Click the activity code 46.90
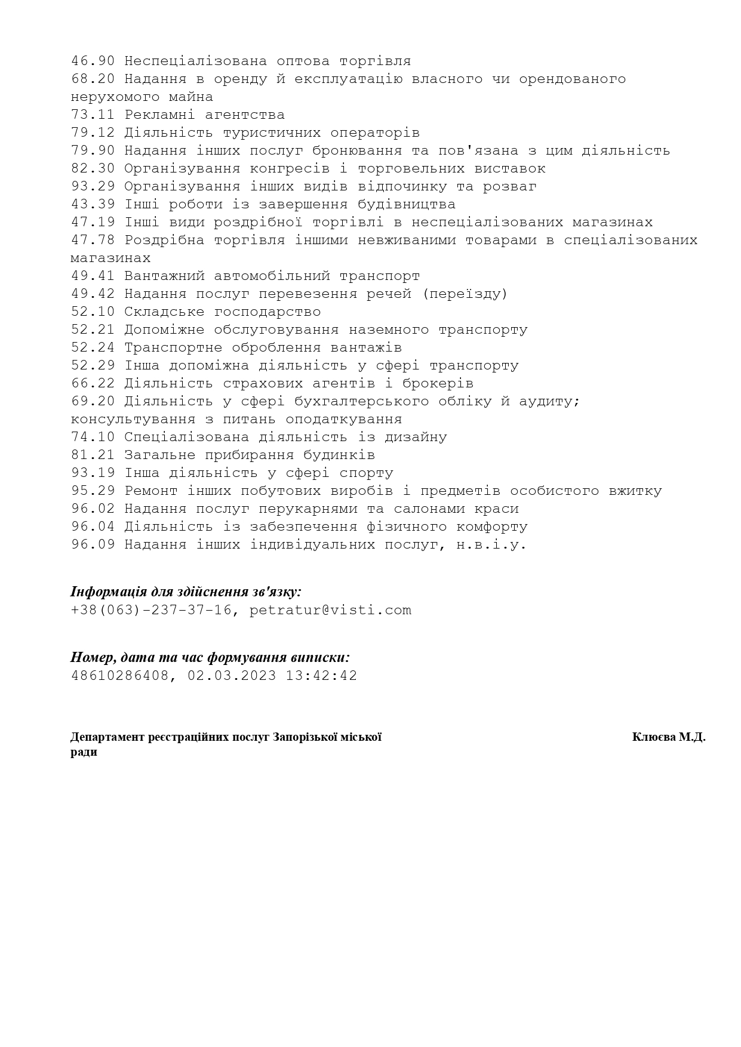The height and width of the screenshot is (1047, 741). tap(93, 61)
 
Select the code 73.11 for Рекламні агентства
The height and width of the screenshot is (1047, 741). tap(93, 115)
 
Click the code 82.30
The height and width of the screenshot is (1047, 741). tap(93, 168)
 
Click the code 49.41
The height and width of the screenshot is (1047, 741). tap(93, 276)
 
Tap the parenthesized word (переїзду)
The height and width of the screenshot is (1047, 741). tap(465, 294)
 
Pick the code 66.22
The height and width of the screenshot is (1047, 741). tap(93, 383)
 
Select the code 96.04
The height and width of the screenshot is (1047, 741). tap(93, 526)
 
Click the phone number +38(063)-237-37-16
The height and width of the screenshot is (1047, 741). tap(151, 610)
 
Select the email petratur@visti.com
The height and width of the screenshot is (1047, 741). tap(330, 610)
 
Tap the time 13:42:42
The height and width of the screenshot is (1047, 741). tap(321, 676)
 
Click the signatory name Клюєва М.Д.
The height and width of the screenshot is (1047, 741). tap(668, 737)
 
